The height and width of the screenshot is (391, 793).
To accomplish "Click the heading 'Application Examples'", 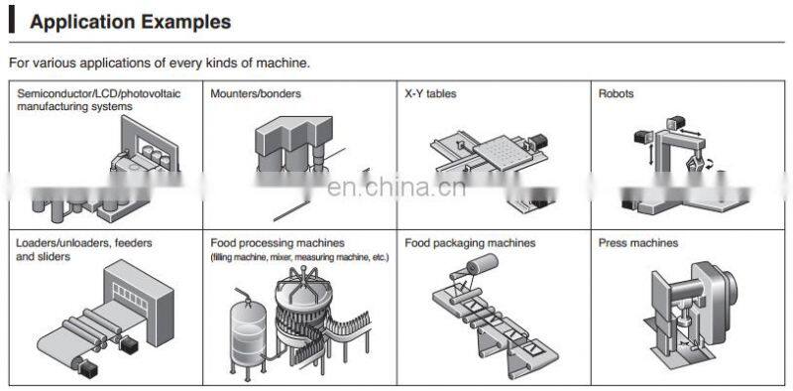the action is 131,22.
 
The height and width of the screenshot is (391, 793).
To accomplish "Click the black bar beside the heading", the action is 12,22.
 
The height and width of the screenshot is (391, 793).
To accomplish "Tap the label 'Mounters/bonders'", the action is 256,93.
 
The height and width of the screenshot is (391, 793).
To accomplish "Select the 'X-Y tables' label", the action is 430,93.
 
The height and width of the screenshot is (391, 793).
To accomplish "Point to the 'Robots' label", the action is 616,93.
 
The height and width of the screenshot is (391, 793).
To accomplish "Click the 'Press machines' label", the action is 638,243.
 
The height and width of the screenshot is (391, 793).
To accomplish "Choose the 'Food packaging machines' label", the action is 470,243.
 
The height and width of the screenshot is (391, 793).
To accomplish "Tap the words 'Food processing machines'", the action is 278,243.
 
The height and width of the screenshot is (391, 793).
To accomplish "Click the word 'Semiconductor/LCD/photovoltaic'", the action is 98,93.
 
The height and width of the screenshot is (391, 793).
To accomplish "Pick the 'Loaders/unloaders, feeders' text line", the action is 84,243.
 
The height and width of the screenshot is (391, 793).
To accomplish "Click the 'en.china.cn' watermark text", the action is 396,188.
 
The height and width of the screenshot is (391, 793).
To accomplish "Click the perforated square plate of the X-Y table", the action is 503,150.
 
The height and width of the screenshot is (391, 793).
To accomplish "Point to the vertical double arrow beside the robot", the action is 650,155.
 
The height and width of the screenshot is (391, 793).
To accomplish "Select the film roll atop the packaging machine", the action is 481,265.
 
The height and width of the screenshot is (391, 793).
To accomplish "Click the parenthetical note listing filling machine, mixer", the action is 300,257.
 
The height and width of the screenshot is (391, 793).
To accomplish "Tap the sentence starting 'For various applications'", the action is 160,64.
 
